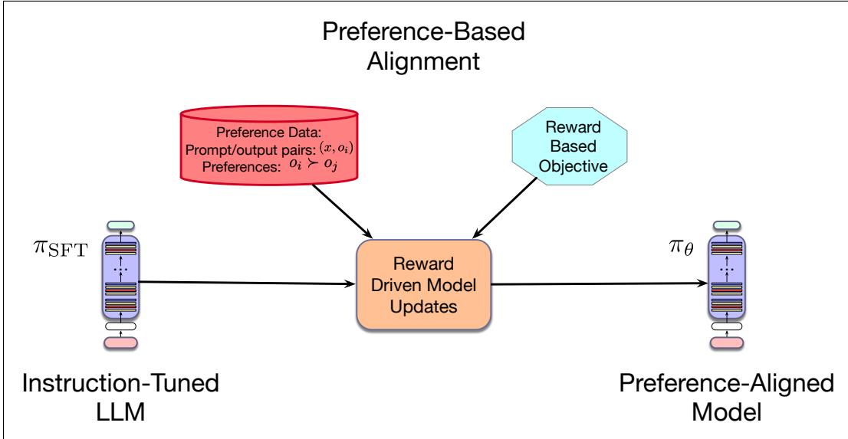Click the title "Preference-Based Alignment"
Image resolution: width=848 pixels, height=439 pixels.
423,47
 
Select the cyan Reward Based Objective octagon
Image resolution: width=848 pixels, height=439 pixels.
570,147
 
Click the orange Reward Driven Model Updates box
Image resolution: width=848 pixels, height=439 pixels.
423,284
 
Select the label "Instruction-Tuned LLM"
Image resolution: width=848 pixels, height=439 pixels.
120,398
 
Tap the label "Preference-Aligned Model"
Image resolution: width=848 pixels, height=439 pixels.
727,398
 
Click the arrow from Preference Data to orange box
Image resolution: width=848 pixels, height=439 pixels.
341,210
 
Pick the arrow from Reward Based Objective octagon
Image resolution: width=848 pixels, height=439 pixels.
505,208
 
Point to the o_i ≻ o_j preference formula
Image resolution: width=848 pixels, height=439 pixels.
314,166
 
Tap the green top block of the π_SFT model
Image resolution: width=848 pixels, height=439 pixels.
120,225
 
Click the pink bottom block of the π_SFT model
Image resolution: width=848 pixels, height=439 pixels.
120,342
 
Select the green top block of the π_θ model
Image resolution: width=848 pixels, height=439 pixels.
727,225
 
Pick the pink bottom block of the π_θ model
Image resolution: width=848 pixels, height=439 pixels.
727,342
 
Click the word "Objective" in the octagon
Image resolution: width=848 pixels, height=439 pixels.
574,165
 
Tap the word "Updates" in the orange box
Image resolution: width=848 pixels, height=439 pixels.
423,306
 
